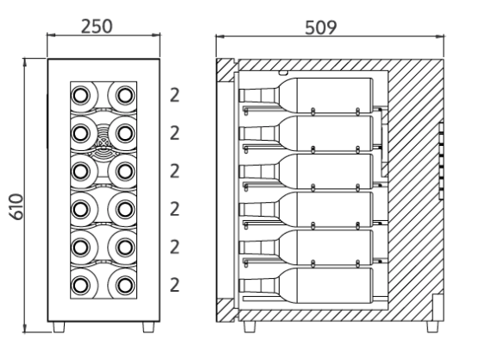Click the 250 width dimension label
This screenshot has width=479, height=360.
point(97,26)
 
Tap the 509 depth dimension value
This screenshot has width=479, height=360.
point(321,28)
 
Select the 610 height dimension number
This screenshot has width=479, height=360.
point(16,206)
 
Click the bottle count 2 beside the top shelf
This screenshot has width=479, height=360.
point(174,95)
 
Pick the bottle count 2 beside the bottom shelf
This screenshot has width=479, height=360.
point(174,285)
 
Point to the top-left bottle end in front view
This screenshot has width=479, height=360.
point(81,95)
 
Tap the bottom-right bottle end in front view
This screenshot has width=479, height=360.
point(125,285)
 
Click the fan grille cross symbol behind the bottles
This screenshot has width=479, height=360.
point(103,142)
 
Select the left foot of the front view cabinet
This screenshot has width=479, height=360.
point(59,326)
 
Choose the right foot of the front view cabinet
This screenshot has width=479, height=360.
point(148,326)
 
